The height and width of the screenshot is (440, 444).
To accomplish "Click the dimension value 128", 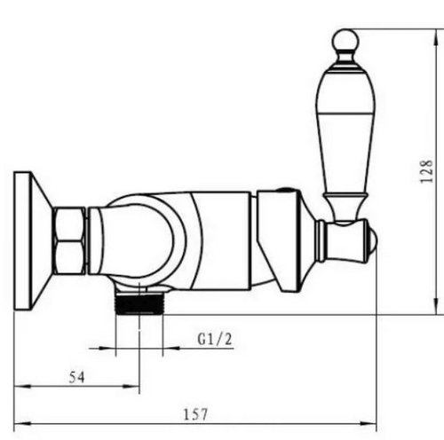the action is [427, 171].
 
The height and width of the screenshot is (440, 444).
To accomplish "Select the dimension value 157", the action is [195, 414].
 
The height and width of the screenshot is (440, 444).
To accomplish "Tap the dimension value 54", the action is [76, 377].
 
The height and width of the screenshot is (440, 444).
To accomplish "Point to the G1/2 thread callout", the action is [215, 339].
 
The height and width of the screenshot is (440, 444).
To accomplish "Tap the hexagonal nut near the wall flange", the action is [68, 240].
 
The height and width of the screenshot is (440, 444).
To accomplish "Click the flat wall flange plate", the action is [23, 240].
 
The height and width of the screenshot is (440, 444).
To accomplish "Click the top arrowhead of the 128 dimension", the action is [436, 37].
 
